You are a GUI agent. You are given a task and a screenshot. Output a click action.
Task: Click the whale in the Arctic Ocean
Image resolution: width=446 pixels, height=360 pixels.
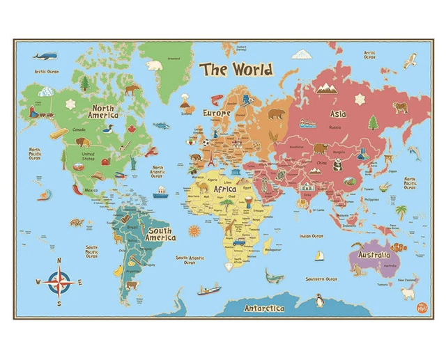(44, 55)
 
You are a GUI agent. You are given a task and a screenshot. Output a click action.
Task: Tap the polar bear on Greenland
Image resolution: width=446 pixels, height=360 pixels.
(155, 65)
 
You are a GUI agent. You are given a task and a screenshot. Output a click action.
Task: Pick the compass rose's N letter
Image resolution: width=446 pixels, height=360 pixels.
(59, 260)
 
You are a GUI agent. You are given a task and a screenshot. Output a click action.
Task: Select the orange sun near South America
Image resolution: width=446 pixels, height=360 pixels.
(193, 230)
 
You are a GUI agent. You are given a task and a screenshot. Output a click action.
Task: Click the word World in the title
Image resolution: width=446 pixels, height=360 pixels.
(252, 70)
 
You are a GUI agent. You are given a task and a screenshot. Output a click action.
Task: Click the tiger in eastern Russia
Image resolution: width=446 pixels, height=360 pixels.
(400, 107)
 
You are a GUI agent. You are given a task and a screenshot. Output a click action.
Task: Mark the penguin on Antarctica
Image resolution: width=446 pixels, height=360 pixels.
(320, 300)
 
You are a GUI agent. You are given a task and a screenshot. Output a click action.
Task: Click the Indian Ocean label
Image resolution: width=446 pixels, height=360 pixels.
(311, 236)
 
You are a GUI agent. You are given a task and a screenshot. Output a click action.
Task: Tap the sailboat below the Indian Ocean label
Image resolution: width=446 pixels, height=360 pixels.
(319, 255)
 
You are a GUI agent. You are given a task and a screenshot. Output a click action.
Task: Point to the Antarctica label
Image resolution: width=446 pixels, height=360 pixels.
(263, 308)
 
